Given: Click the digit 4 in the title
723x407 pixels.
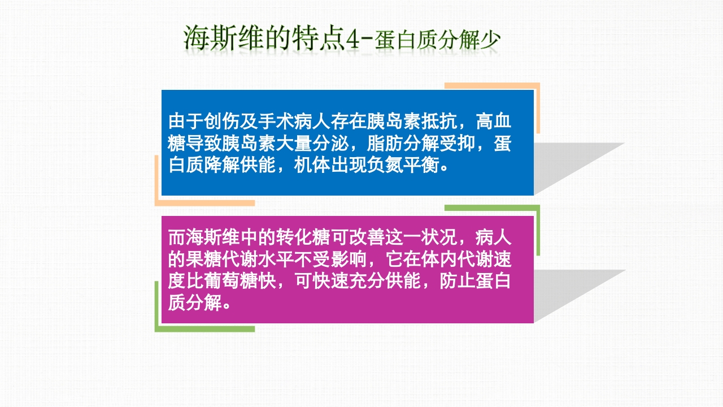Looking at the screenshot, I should [x=353, y=39].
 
